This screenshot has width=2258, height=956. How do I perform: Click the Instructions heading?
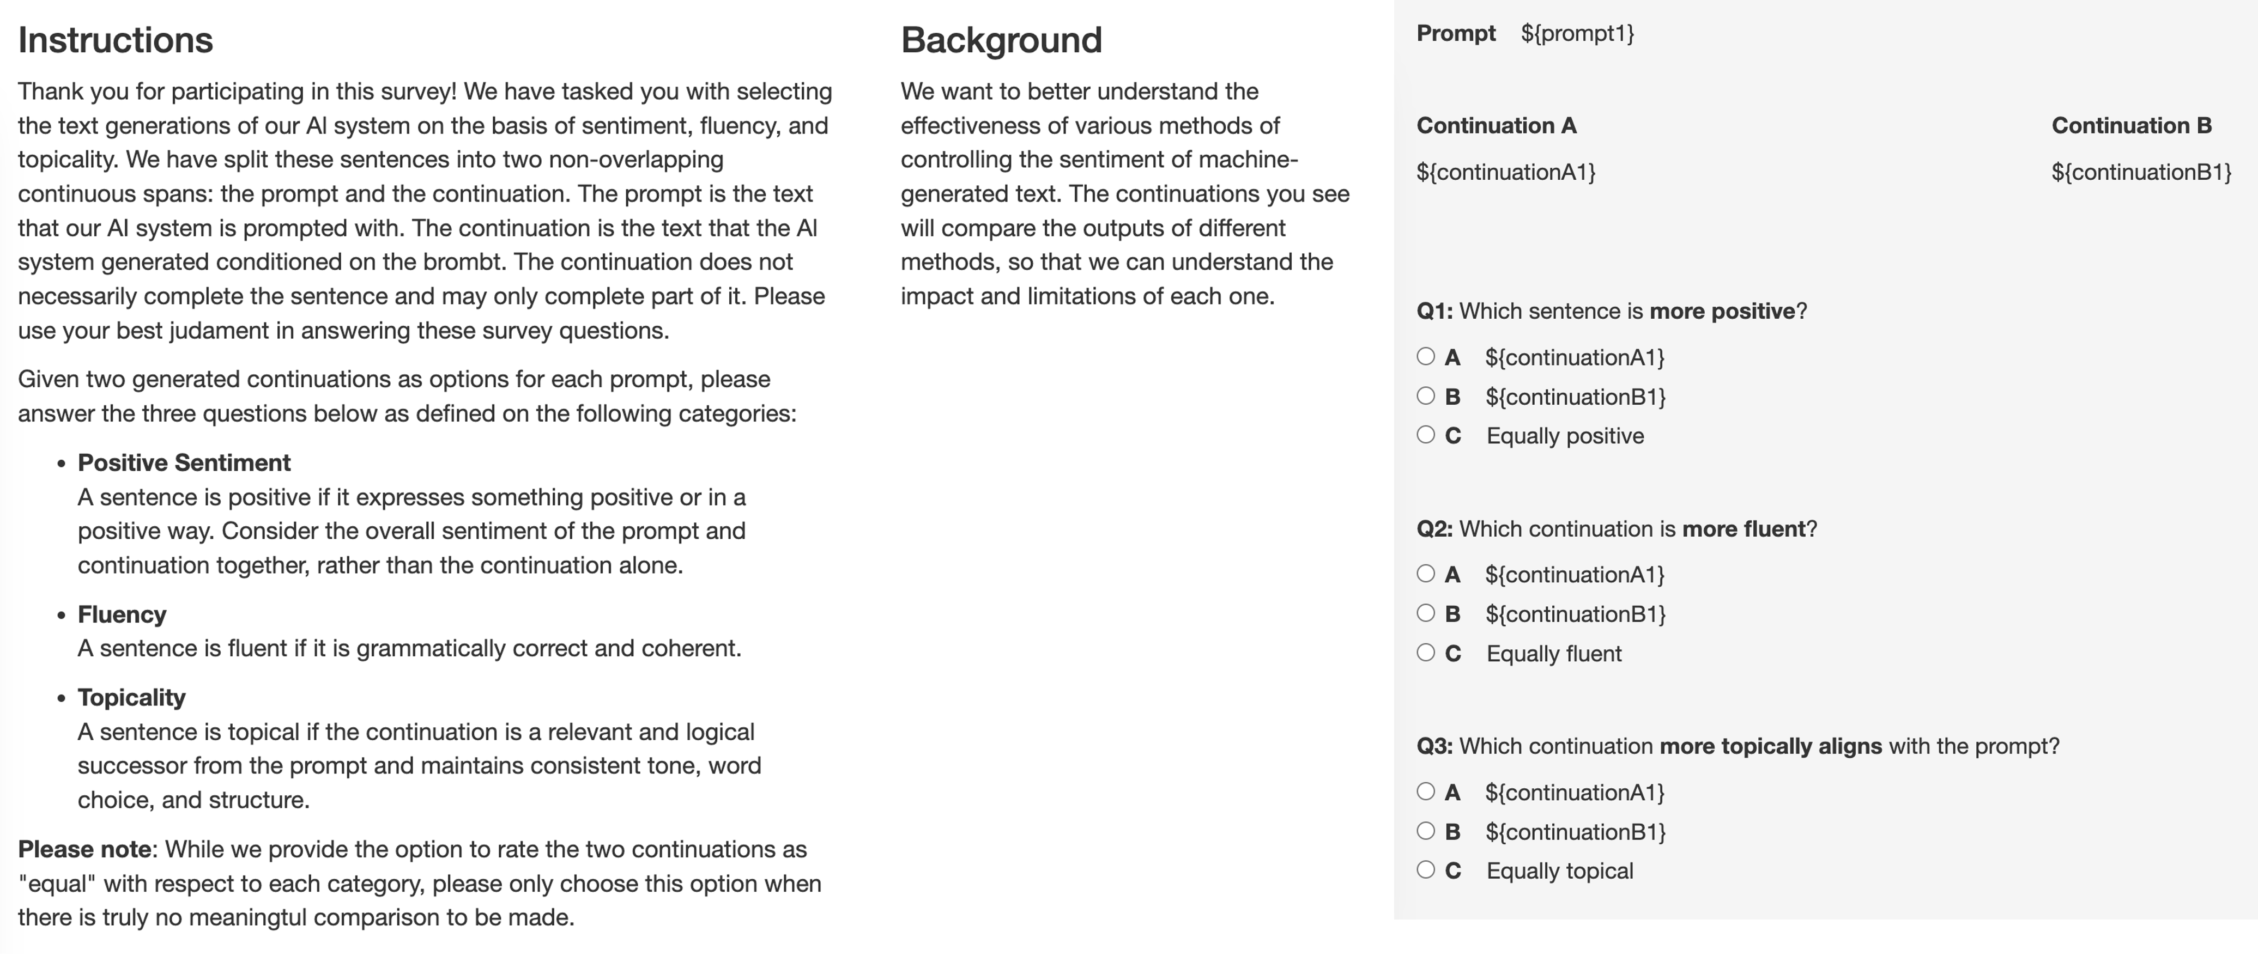click(x=115, y=40)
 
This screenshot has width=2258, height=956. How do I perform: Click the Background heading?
click(x=1001, y=40)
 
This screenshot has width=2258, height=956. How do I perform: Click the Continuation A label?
click(x=1496, y=125)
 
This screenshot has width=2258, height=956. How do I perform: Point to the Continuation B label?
click(x=2131, y=125)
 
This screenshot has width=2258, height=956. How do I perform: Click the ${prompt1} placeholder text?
click(x=1577, y=33)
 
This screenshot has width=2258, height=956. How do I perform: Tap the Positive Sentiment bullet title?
click(x=184, y=462)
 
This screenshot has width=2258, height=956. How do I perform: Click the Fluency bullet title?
click(x=122, y=614)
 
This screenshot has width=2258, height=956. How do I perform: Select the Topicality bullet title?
click(x=131, y=697)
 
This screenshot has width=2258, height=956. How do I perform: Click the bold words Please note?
click(x=84, y=849)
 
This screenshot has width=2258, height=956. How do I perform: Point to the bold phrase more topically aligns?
click(x=1771, y=747)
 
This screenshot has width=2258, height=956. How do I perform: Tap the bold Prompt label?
click(x=1456, y=33)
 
